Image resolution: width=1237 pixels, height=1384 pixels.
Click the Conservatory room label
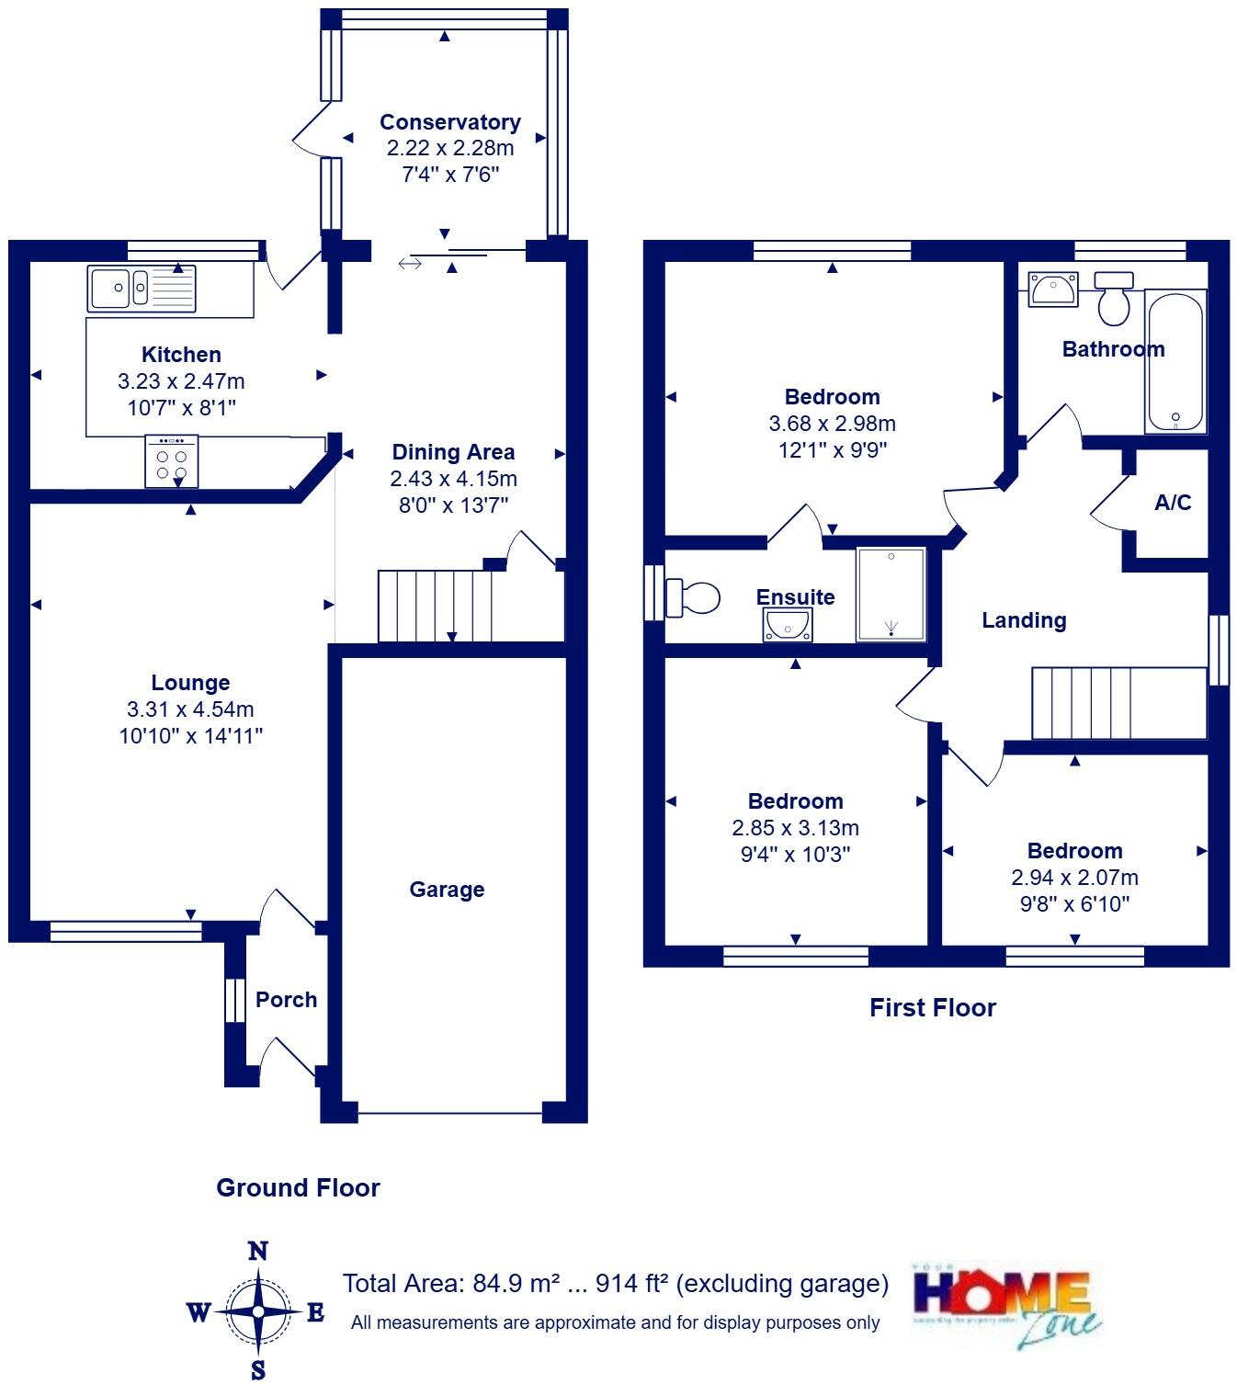point(449,122)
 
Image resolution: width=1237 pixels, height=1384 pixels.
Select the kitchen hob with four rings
point(171,462)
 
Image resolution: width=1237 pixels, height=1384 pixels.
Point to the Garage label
point(447,890)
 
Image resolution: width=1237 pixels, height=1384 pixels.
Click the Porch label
point(286,1000)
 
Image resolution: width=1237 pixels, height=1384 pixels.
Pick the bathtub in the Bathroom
point(1175,361)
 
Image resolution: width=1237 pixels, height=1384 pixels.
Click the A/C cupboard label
point(1173,503)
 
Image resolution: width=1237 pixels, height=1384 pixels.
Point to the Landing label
point(1024,621)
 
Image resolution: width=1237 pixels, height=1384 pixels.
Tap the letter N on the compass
point(258,1252)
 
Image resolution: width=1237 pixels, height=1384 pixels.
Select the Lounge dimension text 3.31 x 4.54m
point(190,709)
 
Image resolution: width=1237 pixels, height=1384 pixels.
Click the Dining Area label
point(453,452)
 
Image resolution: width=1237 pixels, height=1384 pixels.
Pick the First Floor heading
point(932,1008)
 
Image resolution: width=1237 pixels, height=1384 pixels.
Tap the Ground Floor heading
point(298,1188)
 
